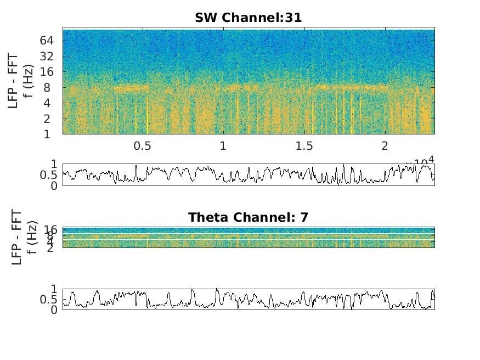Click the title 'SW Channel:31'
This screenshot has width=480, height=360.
pyautogui.click(x=248, y=18)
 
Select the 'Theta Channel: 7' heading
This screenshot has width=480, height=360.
pyautogui.click(x=248, y=217)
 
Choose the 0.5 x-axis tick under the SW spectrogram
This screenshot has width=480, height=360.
pyautogui.click(x=142, y=146)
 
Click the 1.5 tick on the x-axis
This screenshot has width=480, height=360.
pyautogui.click(x=304, y=146)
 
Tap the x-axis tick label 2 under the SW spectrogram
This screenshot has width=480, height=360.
pyautogui.click(x=385, y=146)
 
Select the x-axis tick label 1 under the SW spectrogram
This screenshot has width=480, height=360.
pyautogui.click(x=223, y=146)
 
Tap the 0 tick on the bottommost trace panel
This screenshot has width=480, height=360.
pyautogui.click(x=54, y=310)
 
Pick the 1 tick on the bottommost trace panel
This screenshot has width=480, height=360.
pyautogui.click(x=54, y=289)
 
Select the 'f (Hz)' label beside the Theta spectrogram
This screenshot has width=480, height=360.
pyautogui.click(x=31, y=237)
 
